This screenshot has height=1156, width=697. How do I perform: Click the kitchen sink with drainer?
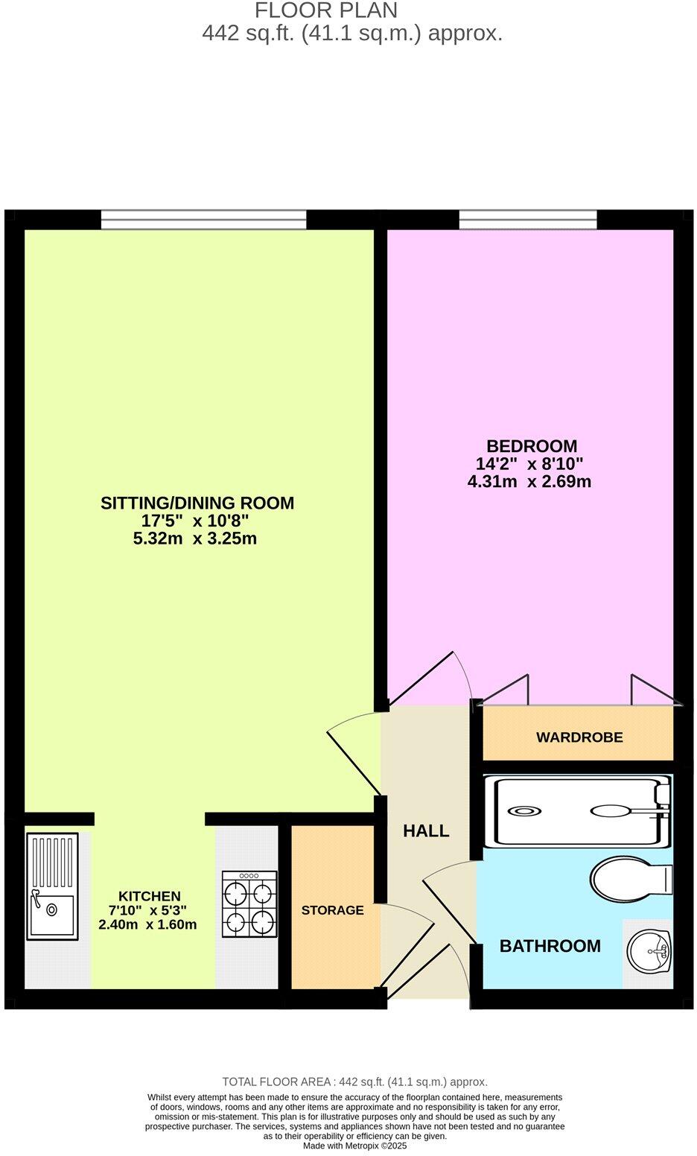coord(52,885)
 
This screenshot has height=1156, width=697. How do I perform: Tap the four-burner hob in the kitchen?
coord(249,903)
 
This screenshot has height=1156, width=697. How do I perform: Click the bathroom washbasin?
coord(649,951)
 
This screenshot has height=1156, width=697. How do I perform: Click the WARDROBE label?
coord(579,737)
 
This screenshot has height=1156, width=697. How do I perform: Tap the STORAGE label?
coord(332,909)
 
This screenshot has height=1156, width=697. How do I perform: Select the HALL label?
coord(426,831)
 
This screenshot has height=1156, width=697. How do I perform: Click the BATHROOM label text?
coord(550,946)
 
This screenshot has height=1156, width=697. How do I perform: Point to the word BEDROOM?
coord(532,445)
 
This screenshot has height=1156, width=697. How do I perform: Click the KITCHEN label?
coord(149,896)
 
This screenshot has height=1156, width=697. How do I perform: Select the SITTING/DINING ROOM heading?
coord(197,503)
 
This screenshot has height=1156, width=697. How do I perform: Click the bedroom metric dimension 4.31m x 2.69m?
coord(529,481)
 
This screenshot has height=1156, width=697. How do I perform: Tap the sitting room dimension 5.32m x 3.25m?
coord(195,538)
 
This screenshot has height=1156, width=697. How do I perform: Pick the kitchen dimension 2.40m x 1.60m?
coord(147,924)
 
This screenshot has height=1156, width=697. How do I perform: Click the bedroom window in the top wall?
coord(528,219)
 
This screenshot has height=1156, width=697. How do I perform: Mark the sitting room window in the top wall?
coord(203,219)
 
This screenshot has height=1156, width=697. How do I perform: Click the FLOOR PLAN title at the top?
coord(326,10)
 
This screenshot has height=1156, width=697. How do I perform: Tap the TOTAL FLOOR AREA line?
coord(354,1082)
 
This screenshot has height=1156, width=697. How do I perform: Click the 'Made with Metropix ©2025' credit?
coord(354,1146)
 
